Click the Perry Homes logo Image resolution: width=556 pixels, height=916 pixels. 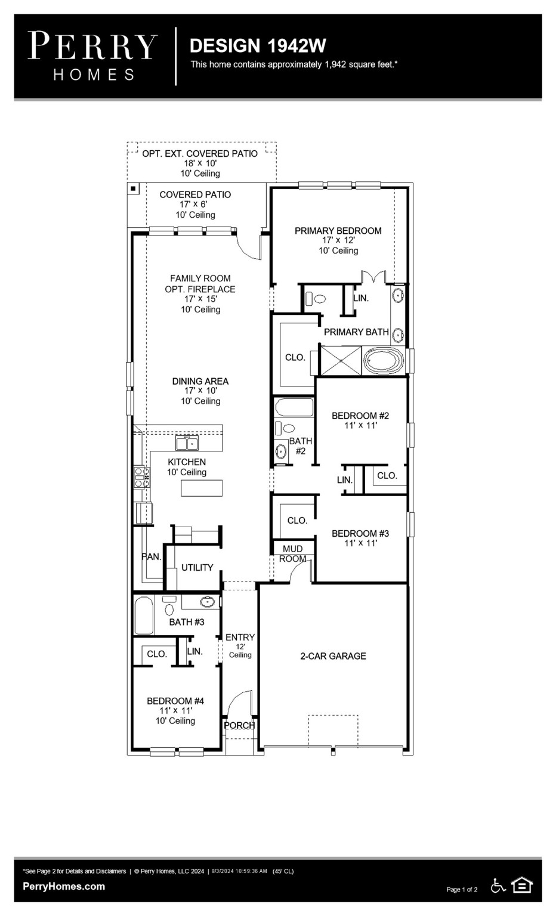[x=93, y=56]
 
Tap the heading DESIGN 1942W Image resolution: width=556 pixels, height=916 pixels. [x=258, y=46]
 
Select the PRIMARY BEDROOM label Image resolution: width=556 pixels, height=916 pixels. [x=338, y=231]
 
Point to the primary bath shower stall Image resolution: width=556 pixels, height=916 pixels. [x=341, y=361]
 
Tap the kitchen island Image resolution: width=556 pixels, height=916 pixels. [x=202, y=488]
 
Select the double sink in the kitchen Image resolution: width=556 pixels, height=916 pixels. [x=187, y=443]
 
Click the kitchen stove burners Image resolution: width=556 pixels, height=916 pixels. [x=142, y=477]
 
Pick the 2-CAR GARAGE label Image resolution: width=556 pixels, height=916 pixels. [x=333, y=656]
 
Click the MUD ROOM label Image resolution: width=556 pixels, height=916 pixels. [x=292, y=553]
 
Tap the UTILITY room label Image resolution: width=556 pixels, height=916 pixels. [x=197, y=568]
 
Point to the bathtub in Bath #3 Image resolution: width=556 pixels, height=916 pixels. [x=144, y=615]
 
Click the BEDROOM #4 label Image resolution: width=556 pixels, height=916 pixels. [x=175, y=701]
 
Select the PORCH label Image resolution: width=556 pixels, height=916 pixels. [x=239, y=726]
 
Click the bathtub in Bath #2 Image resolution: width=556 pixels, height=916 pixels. [x=294, y=408]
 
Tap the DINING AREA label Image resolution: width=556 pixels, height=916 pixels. [x=200, y=382]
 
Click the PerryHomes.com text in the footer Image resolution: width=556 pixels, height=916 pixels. [x=64, y=886]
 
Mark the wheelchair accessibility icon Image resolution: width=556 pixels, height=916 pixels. [x=498, y=886]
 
